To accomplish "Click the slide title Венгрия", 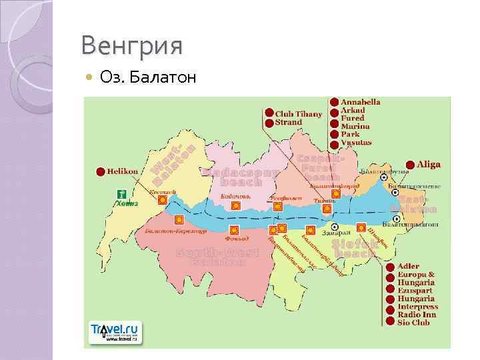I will pos(131,47).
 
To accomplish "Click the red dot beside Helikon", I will pos(101,171).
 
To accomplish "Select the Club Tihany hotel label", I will pos(298,113).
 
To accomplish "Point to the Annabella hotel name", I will pos(361,102).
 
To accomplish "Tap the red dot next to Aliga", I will pos(409,165).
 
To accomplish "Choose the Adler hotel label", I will pos(409,267).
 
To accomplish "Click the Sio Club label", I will pos(413,323).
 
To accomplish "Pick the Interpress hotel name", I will pos(417,307).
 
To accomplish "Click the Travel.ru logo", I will pos(115,331).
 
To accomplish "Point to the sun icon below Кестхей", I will pos(163,199).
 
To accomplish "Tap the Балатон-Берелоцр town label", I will pos(171,231).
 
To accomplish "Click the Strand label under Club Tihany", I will pos(289,122).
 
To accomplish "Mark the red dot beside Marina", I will pos(333,126).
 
